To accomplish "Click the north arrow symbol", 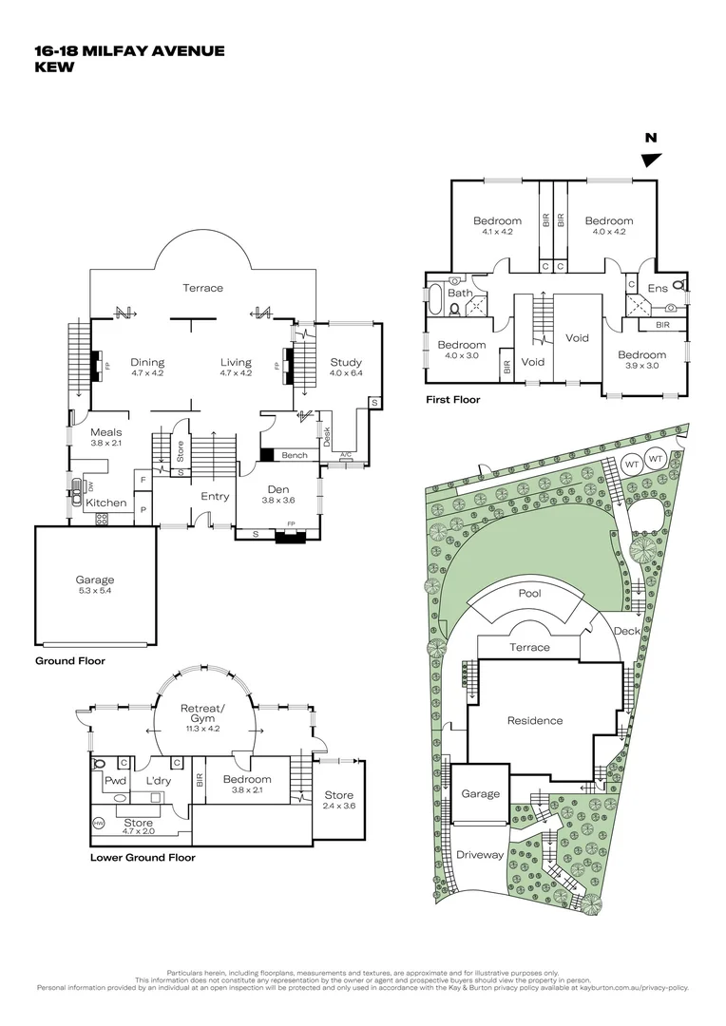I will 651,160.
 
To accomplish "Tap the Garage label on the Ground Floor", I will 94,579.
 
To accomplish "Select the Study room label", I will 345,362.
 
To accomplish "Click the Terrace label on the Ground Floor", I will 202,288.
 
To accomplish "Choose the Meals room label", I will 105,431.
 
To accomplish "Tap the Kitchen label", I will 106,502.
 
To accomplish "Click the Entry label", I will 214,496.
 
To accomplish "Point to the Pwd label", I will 116,781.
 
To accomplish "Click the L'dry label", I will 158,781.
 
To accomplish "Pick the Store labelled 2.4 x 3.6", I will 338,795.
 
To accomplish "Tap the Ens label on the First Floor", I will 658,288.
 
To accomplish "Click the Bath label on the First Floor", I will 460,293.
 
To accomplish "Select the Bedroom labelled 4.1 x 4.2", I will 497,221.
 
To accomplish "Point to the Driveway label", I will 480,854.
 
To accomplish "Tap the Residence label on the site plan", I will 534,720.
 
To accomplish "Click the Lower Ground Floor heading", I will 143,857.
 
